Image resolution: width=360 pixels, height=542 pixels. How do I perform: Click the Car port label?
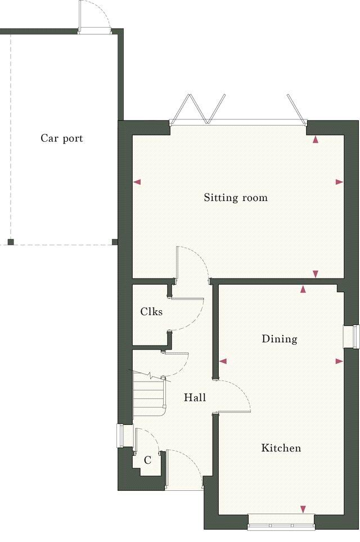[62, 138]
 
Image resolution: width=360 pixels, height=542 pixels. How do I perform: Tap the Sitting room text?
[236, 198]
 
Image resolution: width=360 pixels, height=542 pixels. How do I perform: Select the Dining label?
[280, 339]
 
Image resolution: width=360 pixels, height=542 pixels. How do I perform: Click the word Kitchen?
[281, 448]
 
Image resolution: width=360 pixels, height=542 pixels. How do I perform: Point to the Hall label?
[195, 398]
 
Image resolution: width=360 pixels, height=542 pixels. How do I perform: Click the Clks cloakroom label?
[151, 311]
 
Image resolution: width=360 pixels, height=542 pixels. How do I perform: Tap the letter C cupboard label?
[147, 460]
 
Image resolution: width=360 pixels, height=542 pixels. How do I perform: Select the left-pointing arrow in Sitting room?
[137, 182]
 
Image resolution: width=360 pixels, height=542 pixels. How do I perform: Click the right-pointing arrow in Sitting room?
[339, 182]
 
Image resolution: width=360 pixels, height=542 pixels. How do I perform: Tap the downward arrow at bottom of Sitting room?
[316, 274]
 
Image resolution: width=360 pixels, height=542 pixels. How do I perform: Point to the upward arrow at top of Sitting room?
[316, 139]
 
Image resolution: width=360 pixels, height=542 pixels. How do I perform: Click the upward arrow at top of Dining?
[304, 289]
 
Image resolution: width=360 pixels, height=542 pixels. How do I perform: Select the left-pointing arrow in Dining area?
[223, 361]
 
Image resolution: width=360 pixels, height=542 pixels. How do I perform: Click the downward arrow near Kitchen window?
[303, 509]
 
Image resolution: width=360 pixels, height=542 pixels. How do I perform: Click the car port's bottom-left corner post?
[10, 242]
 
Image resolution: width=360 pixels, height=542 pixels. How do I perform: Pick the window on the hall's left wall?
[120, 435]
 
